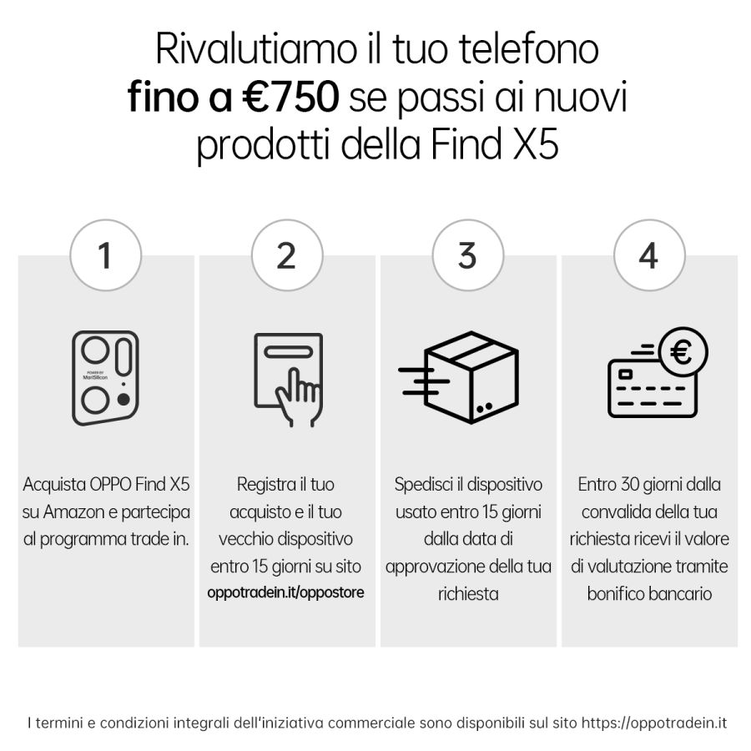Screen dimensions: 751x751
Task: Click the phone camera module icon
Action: click(105, 378)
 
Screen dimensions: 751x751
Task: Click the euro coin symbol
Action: click(683, 352)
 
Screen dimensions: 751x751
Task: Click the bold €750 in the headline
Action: click(290, 97)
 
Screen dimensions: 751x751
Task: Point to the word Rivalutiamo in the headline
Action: click(256, 49)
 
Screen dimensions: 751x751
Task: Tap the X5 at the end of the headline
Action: click(536, 144)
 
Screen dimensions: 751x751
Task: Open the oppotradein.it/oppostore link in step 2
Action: click(285, 592)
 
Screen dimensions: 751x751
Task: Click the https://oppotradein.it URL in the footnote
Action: click(654, 723)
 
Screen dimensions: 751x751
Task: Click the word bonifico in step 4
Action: click(614, 594)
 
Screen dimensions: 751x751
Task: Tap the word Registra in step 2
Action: click(265, 485)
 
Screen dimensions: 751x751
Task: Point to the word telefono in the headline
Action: click(529, 49)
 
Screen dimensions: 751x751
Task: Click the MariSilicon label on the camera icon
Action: click(95, 377)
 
